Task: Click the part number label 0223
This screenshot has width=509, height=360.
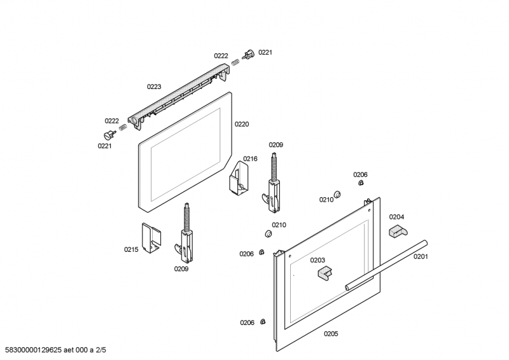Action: (x=154, y=87)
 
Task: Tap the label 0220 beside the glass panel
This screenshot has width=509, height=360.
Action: (x=241, y=125)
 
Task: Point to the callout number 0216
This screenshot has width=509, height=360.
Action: (x=250, y=159)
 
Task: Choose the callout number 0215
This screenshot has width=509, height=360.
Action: (x=131, y=249)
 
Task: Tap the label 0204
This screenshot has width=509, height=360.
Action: (x=396, y=216)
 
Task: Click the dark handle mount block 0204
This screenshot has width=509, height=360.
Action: (x=396, y=230)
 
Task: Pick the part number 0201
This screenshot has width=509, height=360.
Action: (x=421, y=257)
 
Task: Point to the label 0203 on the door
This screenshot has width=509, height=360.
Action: (x=317, y=260)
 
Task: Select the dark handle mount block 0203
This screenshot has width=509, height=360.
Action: (x=325, y=273)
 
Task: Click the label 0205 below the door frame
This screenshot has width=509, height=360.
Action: (x=331, y=334)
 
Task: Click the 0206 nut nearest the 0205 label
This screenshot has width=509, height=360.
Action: (x=263, y=322)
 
